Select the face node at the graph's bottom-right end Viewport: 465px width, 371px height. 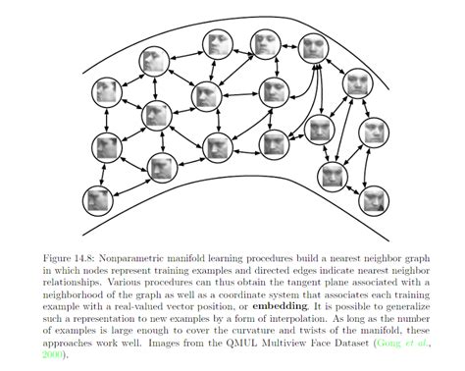[372, 201]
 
